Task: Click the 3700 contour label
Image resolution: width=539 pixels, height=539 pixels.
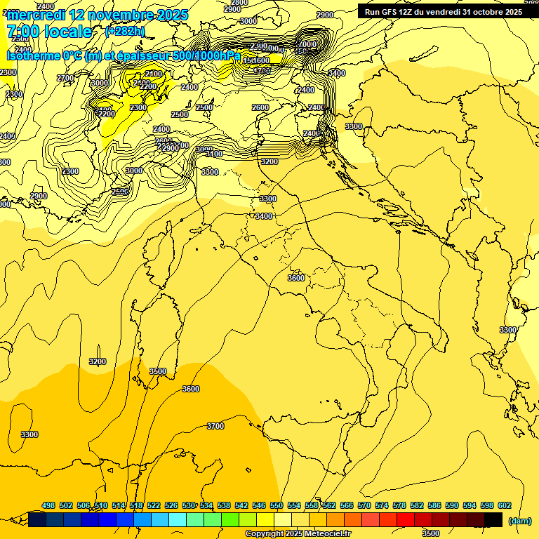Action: click(215, 426)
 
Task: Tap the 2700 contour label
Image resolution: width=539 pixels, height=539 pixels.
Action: click(65, 78)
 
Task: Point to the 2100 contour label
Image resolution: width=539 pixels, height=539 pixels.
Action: click(154, 74)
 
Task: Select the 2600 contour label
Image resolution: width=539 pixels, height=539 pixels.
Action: click(260, 107)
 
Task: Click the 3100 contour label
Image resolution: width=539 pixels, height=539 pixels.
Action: click(214, 154)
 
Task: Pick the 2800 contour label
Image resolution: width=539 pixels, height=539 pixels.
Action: click(239, 3)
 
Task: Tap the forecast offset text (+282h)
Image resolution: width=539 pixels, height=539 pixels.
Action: click(125, 31)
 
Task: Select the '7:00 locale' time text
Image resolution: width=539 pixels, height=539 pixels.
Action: click(49, 32)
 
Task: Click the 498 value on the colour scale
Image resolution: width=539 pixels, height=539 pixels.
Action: click(48, 505)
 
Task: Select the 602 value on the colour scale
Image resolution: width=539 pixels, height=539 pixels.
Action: click(504, 505)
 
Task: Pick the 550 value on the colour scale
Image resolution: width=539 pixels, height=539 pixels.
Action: click(276, 505)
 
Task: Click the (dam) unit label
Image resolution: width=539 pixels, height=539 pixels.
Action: click(519, 520)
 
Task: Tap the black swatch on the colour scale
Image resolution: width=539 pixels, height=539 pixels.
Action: click(493, 519)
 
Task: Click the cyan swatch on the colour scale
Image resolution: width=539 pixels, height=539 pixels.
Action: click(178, 519)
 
